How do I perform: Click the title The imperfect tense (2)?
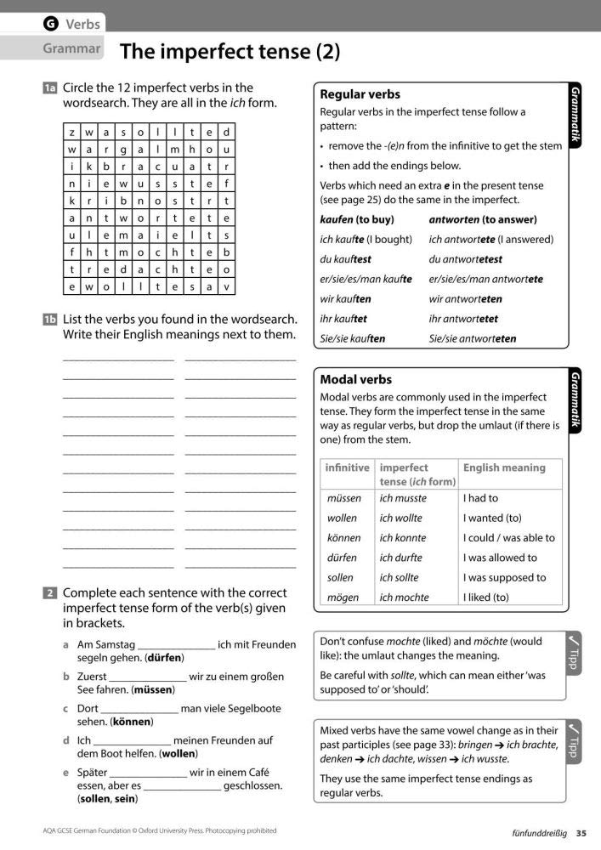point(230,53)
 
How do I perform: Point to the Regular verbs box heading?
point(359,94)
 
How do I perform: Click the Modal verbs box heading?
point(355,379)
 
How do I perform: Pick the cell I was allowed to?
point(500,558)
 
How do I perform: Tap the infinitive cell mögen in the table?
point(343,598)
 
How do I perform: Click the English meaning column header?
point(504,467)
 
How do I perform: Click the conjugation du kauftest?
point(345,259)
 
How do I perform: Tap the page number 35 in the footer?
point(581,832)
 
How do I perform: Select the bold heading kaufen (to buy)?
point(357,219)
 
